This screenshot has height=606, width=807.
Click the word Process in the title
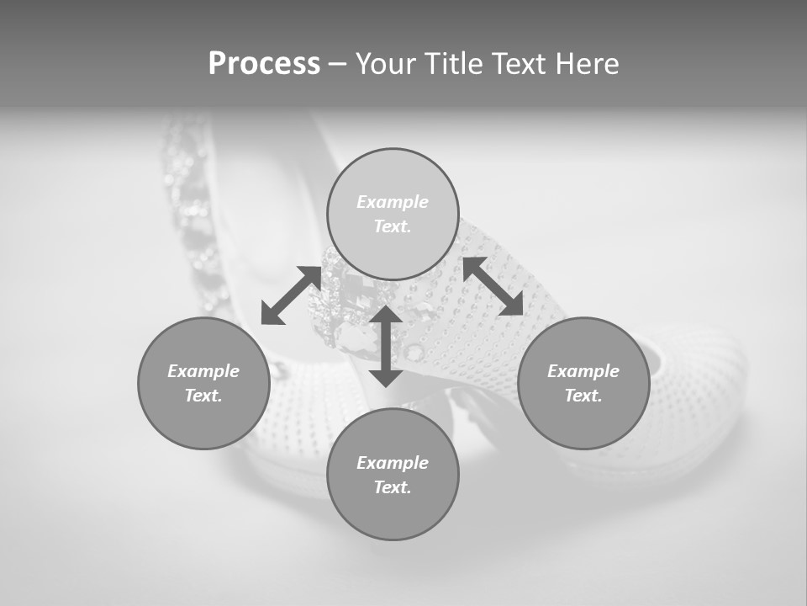pos(264,64)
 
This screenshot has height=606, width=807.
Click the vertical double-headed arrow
pos(386,346)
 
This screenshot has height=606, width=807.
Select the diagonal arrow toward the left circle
pos(291,295)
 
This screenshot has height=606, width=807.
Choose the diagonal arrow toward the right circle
pos(493,286)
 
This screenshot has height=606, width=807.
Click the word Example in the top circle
pos(393,202)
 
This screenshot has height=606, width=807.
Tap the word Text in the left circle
pos(203,396)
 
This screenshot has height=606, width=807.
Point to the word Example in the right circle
pos(583,371)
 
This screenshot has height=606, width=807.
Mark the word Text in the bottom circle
pos(393,487)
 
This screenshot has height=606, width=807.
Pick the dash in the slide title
pos(338,65)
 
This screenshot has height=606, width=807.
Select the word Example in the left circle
pos(203,371)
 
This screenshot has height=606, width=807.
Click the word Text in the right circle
pos(583,396)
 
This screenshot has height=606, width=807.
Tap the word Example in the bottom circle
pos(393,463)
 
